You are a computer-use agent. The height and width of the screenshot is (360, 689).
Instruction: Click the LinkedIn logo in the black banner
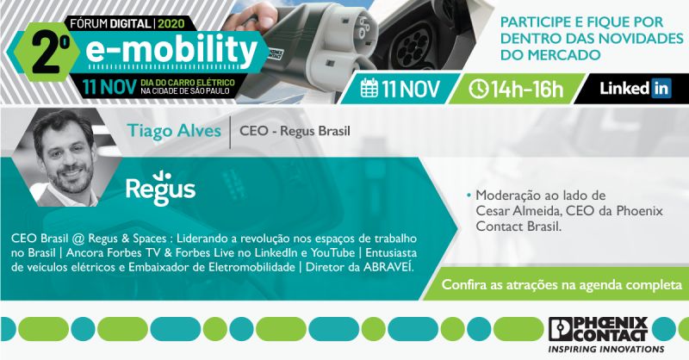pyautogui.click(x=635, y=89)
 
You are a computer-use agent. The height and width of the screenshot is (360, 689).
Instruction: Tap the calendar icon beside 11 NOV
pyautogui.click(x=369, y=88)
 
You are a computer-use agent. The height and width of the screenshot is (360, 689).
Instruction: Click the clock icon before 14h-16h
pyautogui.click(x=478, y=89)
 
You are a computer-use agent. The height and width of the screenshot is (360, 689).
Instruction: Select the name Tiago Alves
pyautogui.click(x=174, y=131)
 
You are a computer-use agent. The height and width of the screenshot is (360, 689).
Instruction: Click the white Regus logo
pyautogui.click(x=160, y=188)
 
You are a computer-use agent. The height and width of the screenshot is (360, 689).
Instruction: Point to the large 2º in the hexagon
pyautogui.click(x=51, y=54)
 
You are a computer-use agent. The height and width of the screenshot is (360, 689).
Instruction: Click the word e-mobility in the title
pyautogui.click(x=171, y=50)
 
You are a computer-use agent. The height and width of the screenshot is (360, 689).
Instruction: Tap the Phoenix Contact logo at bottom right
pyautogui.click(x=598, y=329)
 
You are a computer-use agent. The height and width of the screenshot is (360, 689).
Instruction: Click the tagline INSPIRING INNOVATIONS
pyautogui.click(x=606, y=349)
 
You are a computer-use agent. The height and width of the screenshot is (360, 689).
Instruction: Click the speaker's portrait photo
pyautogui.click(x=67, y=158)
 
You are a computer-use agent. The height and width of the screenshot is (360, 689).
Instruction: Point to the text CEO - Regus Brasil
pyautogui.click(x=295, y=131)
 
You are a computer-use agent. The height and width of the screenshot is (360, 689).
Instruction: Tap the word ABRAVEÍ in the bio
pyautogui.click(x=388, y=267)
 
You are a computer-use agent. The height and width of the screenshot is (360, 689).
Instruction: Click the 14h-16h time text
pyautogui.click(x=527, y=90)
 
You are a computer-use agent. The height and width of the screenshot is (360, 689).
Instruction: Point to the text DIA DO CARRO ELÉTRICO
pyautogui.click(x=188, y=83)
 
